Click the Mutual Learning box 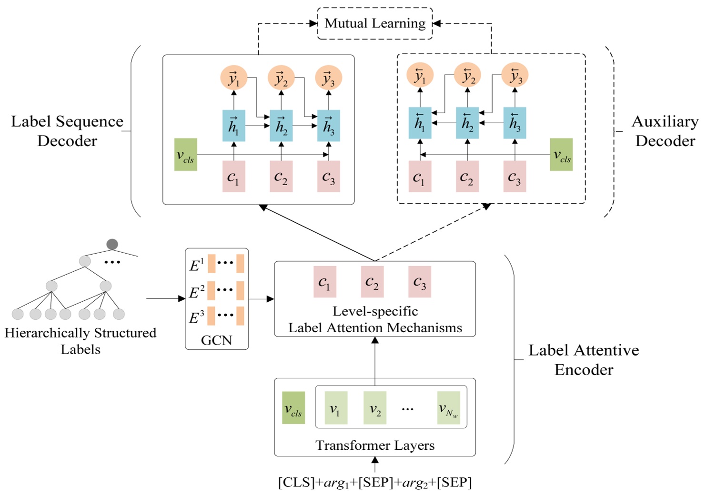[375, 23]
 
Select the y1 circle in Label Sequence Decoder [233, 78]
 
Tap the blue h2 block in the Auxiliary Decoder [467, 123]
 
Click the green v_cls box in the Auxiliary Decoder [561, 155]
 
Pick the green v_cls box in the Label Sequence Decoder [185, 155]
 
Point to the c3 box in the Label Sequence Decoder [328, 177]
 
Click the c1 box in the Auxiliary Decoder [420, 177]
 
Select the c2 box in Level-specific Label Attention [372, 282]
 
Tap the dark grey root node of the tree [112, 244]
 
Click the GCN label [216, 340]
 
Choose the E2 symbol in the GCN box [196, 292]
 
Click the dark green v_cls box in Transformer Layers [293, 408]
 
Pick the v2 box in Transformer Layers [375, 408]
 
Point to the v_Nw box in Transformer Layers [448, 408]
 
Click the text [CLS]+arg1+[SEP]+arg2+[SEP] [375, 483]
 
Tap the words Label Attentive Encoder [584, 360]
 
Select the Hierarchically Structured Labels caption [80, 341]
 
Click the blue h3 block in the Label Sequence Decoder [328, 126]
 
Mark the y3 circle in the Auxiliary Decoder [515, 76]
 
